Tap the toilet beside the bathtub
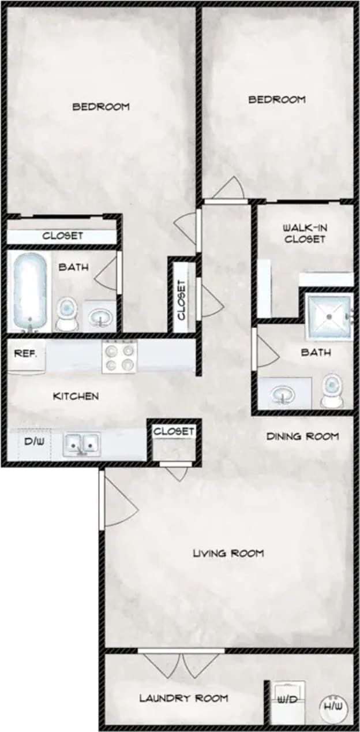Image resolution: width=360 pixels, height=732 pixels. (x=67, y=313)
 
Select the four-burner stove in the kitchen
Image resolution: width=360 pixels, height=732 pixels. (x=119, y=356)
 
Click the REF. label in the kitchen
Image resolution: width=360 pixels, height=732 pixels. (x=25, y=353)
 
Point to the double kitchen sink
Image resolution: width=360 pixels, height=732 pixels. (x=82, y=444)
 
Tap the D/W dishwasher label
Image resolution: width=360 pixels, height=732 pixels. (x=30, y=443)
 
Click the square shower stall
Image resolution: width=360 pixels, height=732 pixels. (x=329, y=316)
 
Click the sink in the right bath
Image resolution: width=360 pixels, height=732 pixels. (x=283, y=394)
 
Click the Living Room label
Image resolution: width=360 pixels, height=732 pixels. (x=228, y=554)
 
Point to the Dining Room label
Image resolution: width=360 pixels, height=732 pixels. (x=302, y=436)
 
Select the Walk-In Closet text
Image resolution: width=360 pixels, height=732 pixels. (x=305, y=233)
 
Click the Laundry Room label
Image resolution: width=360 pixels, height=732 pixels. (x=183, y=699)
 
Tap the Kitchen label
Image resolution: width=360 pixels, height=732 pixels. (x=76, y=396)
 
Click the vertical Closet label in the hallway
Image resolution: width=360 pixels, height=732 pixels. (x=182, y=300)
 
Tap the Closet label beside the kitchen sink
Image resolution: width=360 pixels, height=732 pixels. (x=174, y=431)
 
